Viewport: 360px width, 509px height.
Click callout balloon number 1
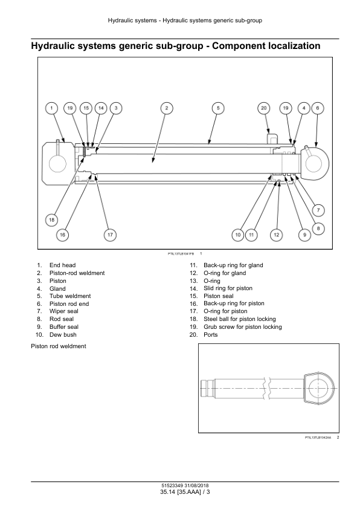(x=51, y=108)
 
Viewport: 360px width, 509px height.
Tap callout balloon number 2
(x=167, y=108)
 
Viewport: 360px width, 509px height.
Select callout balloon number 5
(x=218, y=108)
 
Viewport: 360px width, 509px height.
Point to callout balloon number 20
(x=264, y=108)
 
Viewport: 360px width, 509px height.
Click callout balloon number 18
(x=51, y=220)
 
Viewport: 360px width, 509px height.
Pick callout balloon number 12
(x=276, y=235)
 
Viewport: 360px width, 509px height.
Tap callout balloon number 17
(x=110, y=235)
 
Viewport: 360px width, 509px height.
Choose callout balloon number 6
(x=318, y=108)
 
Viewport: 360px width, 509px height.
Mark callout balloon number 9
(x=304, y=235)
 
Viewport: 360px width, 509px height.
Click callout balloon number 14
(x=101, y=108)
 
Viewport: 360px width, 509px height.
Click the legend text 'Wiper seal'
(x=64, y=311)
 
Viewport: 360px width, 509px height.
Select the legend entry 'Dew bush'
(x=63, y=335)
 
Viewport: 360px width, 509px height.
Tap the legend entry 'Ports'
(x=210, y=335)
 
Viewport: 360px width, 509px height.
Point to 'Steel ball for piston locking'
(x=240, y=319)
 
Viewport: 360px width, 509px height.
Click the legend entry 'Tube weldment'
(x=70, y=296)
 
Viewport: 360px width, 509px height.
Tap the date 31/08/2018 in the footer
(x=197, y=486)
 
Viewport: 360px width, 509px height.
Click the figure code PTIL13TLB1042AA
(x=318, y=438)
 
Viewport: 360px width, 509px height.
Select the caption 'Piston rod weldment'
(x=59, y=346)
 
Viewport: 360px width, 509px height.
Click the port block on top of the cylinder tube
(x=272, y=137)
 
